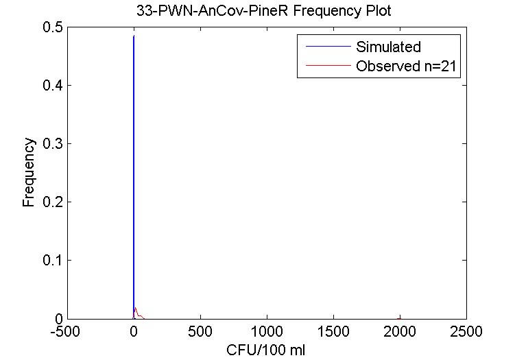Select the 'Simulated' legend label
click(x=388, y=47)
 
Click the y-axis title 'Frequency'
click(x=29, y=173)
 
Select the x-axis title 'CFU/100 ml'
click(x=266, y=350)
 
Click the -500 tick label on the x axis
click(x=67, y=333)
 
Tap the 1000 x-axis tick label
click(x=267, y=333)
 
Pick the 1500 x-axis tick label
click(x=333, y=333)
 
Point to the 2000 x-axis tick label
click(x=400, y=333)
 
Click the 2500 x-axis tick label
click(x=466, y=333)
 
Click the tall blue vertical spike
click(x=134, y=171)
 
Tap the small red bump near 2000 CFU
click(x=400, y=317)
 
